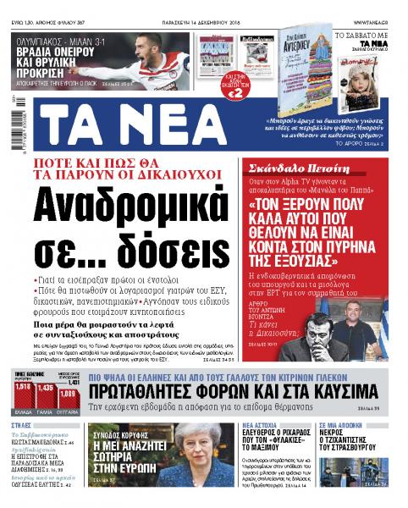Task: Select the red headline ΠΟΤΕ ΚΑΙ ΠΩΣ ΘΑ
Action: pos(135,164)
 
